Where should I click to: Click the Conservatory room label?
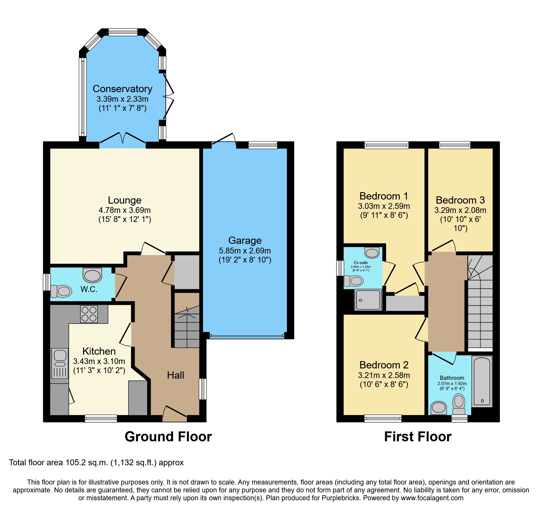122,89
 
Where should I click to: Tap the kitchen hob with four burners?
89,314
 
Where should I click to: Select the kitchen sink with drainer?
60,363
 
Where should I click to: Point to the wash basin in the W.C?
92,275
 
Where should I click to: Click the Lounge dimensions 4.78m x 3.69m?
124,210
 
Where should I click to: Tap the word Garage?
245,240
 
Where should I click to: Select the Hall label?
175,375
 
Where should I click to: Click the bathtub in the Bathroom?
482,381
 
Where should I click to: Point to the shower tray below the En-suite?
368,300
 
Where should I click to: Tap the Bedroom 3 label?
460,200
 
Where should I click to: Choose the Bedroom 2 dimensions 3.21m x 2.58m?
384,375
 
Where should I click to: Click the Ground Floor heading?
168,437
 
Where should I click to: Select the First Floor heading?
418,437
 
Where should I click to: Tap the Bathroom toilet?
459,404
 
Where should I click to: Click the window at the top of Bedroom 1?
386,145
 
